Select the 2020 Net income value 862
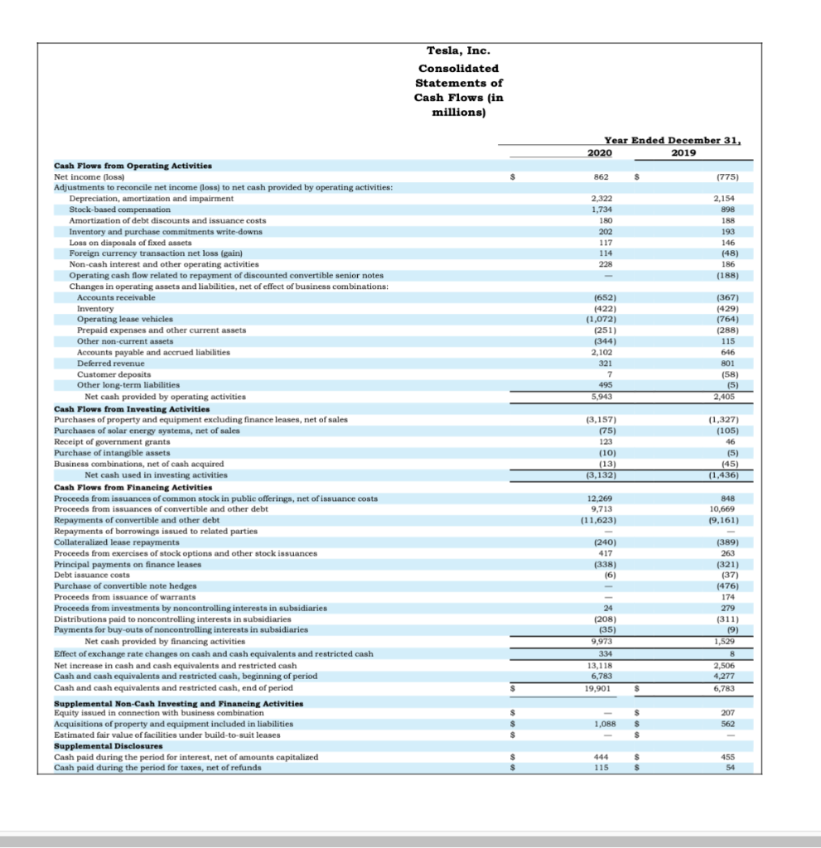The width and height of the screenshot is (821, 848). coord(602,176)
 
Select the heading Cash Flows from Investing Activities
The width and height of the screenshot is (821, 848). coord(132,408)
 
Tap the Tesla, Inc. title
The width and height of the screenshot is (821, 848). coord(458,53)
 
